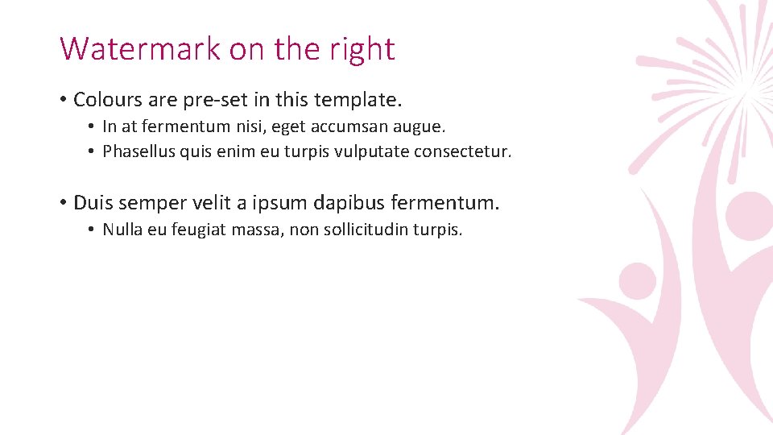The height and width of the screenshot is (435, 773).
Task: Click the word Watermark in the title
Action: tap(140, 49)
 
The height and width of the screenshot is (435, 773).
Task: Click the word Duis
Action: tap(93, 202)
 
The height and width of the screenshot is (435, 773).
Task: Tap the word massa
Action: tap(256, 230)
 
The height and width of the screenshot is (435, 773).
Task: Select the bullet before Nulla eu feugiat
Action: tap(93, 230)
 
